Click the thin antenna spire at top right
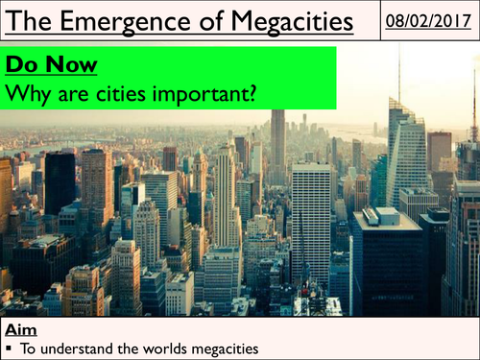pyautogui.click(x=399, y=72)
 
